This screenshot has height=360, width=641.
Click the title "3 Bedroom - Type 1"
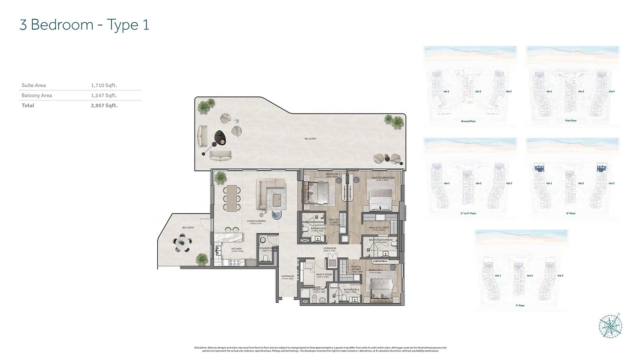tap(84, 25)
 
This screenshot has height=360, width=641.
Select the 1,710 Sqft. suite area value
tap(103, 85)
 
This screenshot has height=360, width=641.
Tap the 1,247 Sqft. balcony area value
tap(103, 96)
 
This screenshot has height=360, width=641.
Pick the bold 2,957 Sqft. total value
tap(104, 105)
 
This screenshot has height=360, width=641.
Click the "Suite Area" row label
tap(34, 85)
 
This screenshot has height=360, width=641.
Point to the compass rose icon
tap(610, 327)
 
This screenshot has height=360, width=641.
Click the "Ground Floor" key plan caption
tap(468, 121)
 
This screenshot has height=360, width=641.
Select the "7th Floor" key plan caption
tap(520, 306)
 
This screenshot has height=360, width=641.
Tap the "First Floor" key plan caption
tap(571, 121)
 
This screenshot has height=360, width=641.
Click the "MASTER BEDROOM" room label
tap(383, 178)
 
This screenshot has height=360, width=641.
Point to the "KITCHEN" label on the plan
tap(236, 249)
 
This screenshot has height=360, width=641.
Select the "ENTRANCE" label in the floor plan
tap(288, 276)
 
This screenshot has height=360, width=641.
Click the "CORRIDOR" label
tap(329, 248)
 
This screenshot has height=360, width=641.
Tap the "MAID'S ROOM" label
tap(324, 275)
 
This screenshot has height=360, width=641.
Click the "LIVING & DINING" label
tap(256, 221)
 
